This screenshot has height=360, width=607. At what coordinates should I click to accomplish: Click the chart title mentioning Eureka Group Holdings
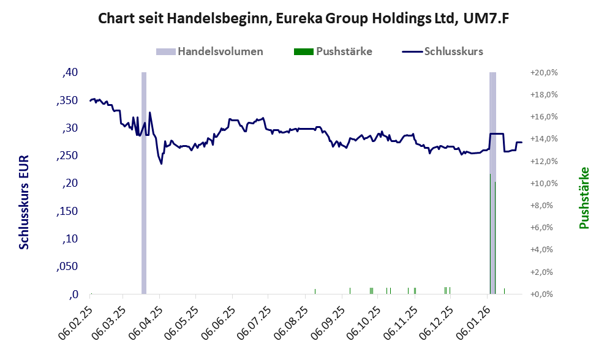pos(304,19)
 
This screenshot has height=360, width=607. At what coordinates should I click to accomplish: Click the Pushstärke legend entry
pos(333,51)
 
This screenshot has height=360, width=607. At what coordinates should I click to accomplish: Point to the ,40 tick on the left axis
pos(70,73)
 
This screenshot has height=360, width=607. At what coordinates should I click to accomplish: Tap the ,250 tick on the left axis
pos(68,156)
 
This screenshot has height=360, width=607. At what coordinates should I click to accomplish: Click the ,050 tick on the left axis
pos(68,267)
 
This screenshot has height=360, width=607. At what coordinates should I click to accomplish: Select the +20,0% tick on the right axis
pos(543,73)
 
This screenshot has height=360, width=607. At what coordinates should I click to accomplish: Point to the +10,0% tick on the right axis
pos(543,184)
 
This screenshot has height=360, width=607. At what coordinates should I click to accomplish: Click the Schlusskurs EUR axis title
pos(25,202)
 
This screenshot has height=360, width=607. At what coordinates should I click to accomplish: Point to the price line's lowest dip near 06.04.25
pos(161,163)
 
